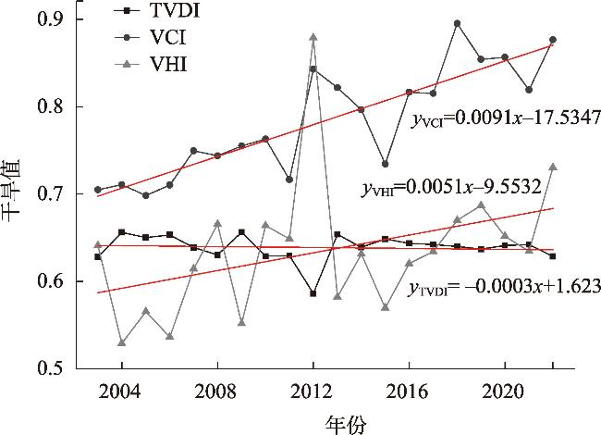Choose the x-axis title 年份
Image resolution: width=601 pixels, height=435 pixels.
(x=346, y=422)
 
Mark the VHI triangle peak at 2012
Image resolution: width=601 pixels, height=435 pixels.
(x=313, y=37)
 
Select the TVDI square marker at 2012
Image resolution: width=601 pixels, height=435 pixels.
(x=313, y=293)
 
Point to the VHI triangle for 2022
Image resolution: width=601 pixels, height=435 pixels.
(x=553, y=167)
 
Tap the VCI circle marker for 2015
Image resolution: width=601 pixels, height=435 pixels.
(x=386, y=164)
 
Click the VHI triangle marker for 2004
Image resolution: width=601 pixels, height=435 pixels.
(x=122, y=342)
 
